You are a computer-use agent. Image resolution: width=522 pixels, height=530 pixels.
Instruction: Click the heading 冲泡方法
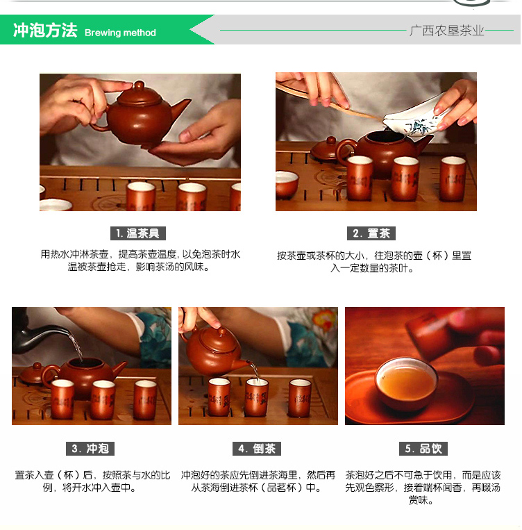pyautogui.click(x=45, y=30)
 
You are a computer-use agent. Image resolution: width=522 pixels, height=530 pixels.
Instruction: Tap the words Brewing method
pyautogui.click(x=120, y=33)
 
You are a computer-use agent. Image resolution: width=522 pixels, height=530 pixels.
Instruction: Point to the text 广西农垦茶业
pyautogui.click(x=446, y=31)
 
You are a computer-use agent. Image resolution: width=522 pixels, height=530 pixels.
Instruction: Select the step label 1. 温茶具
pyautogui.click(x=138, y=233)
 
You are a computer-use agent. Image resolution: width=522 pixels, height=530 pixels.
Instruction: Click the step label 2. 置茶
pyautogui.click(x=371, y=233)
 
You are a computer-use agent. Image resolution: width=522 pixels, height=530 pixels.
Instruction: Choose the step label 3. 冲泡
pyautogui.click(x=90, y=449)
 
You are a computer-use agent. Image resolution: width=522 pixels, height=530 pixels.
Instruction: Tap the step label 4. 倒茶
pyautogui.click(x=257, y=449)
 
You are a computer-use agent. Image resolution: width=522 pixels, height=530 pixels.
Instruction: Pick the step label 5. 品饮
pyautogui.click(x=423, y=449)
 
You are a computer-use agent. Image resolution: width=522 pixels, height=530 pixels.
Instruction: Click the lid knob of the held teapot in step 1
pyautogui.click(x=139, y=85)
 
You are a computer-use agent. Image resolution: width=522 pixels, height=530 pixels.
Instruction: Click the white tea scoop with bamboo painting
pyautogui.click(x=416, y=118)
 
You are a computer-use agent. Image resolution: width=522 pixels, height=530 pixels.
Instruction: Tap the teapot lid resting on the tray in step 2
pyautogui.click(x=324, y=148)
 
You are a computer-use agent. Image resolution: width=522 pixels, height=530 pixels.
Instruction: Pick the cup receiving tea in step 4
pyautogui.click(x=256, y=397)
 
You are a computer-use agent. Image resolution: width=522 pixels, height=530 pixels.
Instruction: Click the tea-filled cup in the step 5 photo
pyautogui.click(x=406, y=383)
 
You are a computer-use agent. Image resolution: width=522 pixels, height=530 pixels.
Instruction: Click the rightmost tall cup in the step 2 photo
pyautogui.click(x=453, y=179)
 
